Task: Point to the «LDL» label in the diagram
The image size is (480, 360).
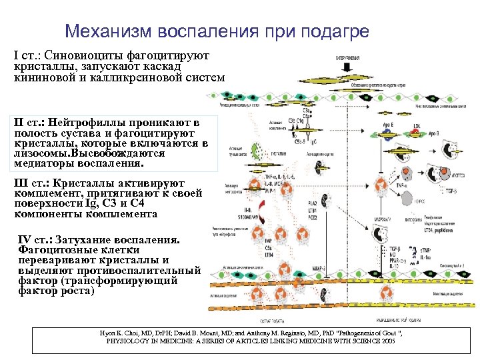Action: click(417, 124)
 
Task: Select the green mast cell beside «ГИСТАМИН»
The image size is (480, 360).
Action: click(255, 150)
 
